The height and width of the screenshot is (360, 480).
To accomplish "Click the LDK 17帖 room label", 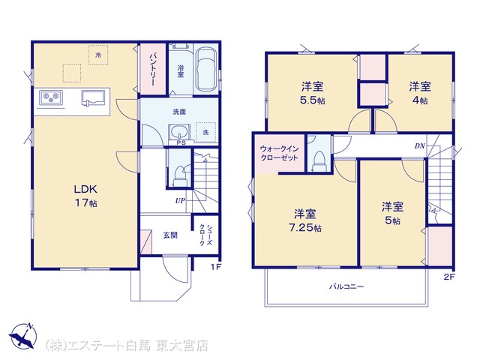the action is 85,196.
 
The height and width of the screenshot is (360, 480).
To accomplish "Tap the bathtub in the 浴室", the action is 206,69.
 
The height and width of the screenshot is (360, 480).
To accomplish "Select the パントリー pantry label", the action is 153,70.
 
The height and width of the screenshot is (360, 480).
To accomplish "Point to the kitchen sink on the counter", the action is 93,98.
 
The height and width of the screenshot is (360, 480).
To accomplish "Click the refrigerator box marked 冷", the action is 98,55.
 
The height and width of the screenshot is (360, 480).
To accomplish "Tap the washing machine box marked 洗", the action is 205,132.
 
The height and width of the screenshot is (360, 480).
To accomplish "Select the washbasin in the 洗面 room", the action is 179,133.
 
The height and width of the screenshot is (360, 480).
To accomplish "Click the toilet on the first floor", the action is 180,176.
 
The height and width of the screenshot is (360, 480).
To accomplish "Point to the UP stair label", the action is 180,201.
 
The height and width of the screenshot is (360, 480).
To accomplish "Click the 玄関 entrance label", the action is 170,235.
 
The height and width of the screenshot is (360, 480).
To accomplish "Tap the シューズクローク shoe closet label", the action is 205,235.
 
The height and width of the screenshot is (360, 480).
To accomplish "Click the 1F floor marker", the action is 215,267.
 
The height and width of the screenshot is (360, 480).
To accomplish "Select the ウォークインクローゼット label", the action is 279,153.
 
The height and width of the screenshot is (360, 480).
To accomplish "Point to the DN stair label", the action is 420,146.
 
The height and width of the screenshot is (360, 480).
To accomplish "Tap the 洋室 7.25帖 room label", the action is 305,220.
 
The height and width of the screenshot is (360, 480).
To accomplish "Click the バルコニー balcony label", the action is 346,286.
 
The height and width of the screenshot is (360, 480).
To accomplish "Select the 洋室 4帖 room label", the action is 420,93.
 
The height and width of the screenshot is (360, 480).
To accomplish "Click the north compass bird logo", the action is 23,335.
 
